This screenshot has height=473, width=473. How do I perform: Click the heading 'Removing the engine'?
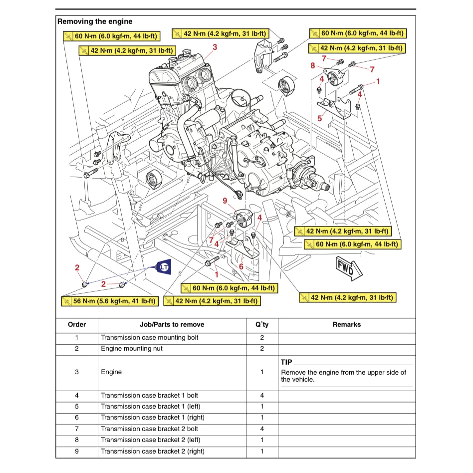point(95,21)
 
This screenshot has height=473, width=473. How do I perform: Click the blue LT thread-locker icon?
point(164,267)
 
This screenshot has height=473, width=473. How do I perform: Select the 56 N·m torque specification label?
point(109,301)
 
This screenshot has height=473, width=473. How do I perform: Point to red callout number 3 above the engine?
point(215,47)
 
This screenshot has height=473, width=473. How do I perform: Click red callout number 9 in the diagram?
point(225,201)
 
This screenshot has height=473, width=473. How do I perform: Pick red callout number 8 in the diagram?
point(312,65)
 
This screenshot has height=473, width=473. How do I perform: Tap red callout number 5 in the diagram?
point(320,119)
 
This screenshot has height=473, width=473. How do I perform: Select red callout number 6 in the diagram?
point(241,266)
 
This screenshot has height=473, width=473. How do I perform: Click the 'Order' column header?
point(77,324)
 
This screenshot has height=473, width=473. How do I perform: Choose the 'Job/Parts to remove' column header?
point(172,324)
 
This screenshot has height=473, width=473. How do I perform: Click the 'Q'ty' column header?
point(262,324)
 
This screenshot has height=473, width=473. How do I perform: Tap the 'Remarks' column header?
point(346,324)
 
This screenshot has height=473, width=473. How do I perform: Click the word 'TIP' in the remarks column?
point(286,362)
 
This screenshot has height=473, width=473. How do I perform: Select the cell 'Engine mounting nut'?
point(132,349)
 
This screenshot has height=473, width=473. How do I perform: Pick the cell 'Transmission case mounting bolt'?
point(150,338)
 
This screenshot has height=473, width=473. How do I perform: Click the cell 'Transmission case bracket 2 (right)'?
point(153,452)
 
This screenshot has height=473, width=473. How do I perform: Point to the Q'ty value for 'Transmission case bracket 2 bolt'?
point(262,429)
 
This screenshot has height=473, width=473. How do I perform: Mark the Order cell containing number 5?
point(77,406)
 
